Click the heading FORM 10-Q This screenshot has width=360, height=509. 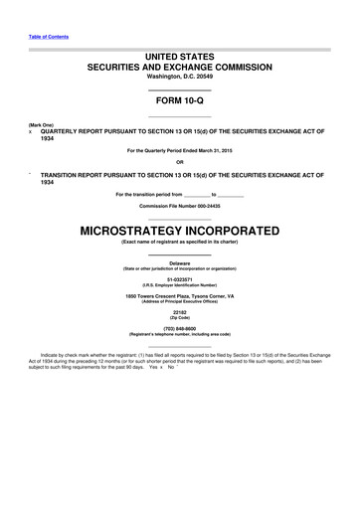tap(179, 102)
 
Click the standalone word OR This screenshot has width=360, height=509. tap(179, 161)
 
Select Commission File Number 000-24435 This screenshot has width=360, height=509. tap(179, 204)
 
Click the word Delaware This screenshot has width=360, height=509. tap(179, 262)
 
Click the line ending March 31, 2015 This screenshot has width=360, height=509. tap(179, 150)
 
